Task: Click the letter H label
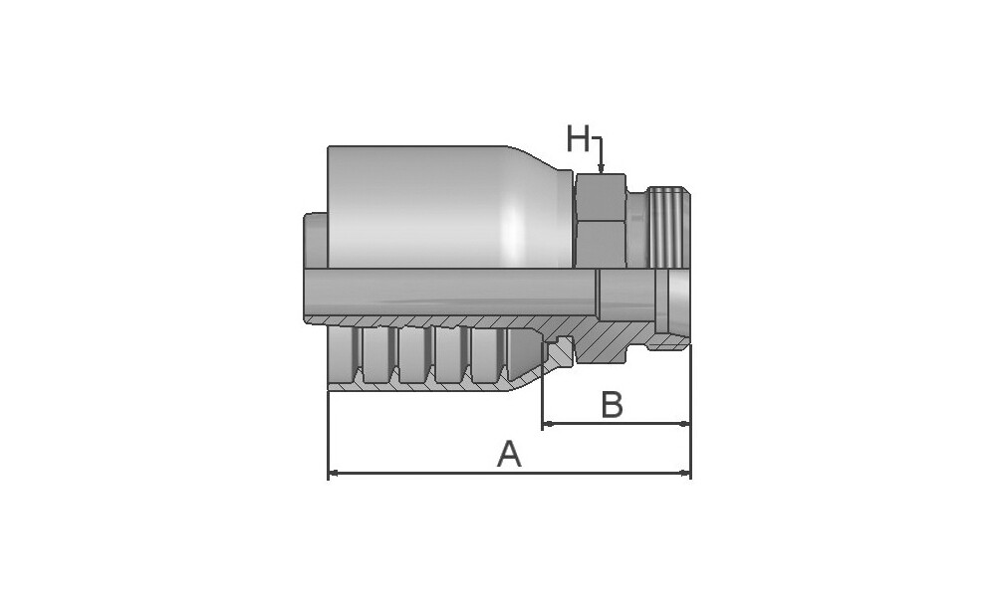click(x=578, y=139)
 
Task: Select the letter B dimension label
click(x=612, y=405)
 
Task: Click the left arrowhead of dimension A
click(x=335, y=473)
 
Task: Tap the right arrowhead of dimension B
click(x=683, y=423)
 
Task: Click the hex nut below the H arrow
click(x=601, y=220)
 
